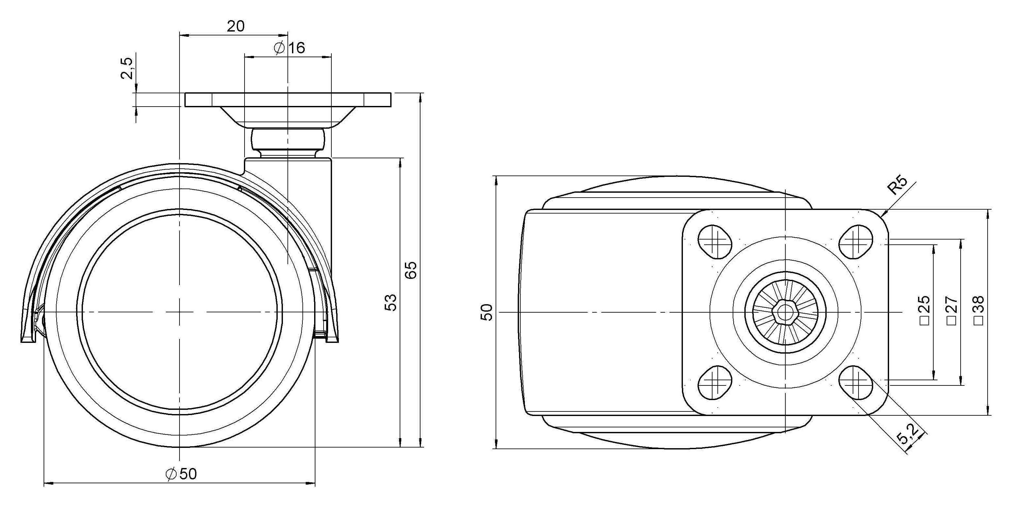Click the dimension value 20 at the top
click(x=236, y=26)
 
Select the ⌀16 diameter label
click(x=289, y=48)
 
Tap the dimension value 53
click(x=391, y=302)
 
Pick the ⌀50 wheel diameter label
click(x=181, y=474)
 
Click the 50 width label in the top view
click(x=486, y=312)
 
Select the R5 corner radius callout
click(x=898, y=185)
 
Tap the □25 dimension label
click(x=925, y=310)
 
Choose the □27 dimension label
click(x=952, y=310)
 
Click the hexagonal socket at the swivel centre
click(x=785, y=312)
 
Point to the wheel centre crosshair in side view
click(x=179, y=312)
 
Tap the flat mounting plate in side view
click(x=288, y=100)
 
